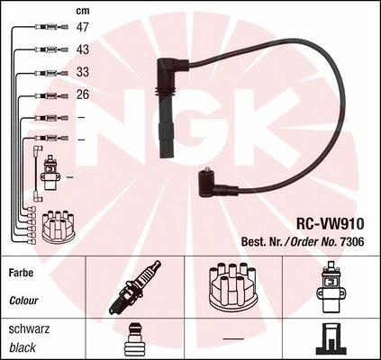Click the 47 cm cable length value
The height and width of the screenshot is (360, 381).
coord(83,27)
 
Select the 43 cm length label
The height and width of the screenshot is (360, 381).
coord(83,49)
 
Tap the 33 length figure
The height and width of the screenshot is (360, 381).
coord(83,72)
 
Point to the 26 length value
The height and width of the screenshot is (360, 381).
coord(83,94)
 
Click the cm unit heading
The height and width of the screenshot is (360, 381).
coord(83,11)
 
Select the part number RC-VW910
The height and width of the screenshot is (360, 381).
coord(331,223)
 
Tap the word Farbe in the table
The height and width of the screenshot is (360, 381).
coord(21,273)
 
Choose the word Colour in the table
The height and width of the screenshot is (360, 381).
coord(23,301)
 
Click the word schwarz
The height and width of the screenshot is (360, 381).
coord(29,329)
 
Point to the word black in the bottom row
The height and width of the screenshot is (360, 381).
coord(23,347)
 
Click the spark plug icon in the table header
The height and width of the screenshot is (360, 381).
coord(135,287)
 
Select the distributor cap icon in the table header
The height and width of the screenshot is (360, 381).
coord(232,286)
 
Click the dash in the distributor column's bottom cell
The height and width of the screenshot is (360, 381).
coord(233,338)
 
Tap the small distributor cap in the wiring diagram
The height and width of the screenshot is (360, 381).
coord(58,226)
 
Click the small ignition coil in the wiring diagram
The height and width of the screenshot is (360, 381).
coord(50,173)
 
